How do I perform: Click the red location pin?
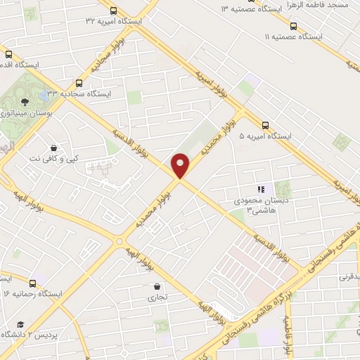pyautogui.click(x=181, y=165)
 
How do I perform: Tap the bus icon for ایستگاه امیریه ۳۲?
pyautogui.click(x=112, y=10)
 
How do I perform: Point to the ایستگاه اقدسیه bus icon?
pyautogui.click(x=8, y=53)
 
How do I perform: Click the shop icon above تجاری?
pyautogui.click(x=156, y=286)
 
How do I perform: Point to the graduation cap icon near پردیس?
pyautogui.click(x=21, y=324)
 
